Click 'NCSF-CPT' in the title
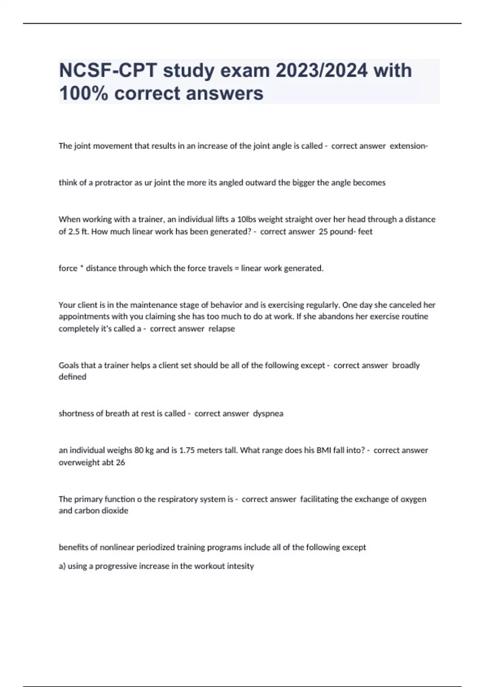108,71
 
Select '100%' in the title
83,93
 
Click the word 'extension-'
409,146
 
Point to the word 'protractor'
113,183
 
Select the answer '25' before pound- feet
323,232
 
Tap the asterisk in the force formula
81,268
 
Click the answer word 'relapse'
221,329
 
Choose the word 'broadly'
406,365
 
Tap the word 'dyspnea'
268,413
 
